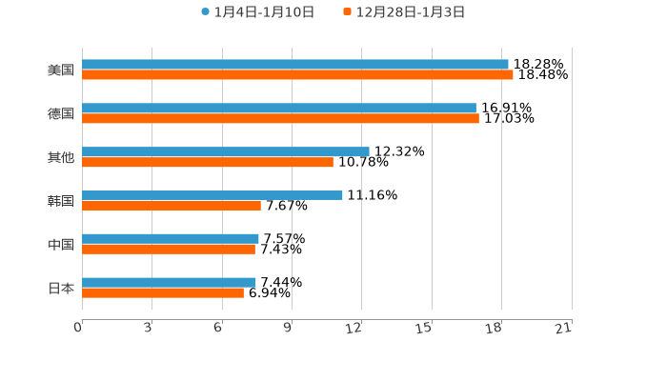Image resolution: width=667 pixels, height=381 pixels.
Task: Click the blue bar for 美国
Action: click(295, 65)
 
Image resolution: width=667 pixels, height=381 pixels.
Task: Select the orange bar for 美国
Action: click(297, 75)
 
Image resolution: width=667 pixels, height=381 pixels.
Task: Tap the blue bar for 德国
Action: click(279, 109)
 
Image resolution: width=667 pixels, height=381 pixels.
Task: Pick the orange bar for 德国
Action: click(280, 119)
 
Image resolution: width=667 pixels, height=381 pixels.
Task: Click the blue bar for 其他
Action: click(226, 151)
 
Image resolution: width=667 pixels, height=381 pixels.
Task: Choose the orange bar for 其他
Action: click(208, 163)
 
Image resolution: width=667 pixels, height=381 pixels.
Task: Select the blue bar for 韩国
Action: click(212, 195)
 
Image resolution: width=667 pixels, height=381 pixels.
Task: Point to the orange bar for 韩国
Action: click(172, 206)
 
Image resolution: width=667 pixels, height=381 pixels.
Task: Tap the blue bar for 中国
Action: click(171, 239)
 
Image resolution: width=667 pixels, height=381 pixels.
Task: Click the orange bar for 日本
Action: click(163, 293)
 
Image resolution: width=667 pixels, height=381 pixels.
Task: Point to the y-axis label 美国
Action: click(61, 70)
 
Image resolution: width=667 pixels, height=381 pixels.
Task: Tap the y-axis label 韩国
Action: click(61, 201)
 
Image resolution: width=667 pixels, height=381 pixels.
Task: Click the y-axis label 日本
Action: click(61, 289)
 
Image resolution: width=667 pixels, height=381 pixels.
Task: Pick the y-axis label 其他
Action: click(61, 157)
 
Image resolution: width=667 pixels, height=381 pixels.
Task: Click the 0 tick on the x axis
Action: click(79, 328)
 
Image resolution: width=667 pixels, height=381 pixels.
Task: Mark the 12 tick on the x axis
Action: click(354, 328)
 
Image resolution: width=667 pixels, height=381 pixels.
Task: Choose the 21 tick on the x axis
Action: click(564, 328)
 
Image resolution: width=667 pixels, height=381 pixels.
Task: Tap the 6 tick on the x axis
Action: click(218, 328)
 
